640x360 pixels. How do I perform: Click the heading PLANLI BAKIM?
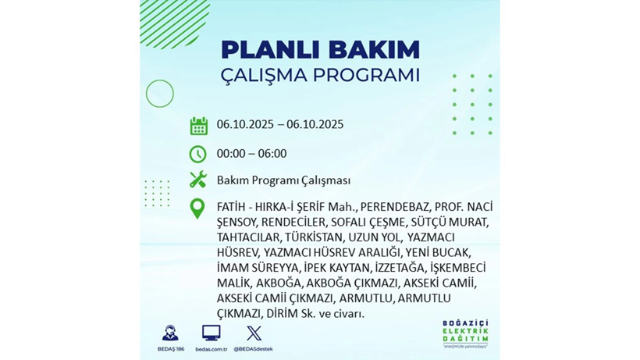(x=320, y=49)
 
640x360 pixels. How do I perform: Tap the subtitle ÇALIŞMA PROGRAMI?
(x=320, y=76)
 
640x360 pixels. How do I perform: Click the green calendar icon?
(x=198, y=126)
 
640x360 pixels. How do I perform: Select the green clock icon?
(x=198, y=154)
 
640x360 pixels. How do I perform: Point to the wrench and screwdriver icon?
(x=198, y=180)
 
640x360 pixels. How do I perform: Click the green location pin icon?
(x=198, y=208)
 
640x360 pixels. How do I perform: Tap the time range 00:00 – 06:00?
(x=251, y=154)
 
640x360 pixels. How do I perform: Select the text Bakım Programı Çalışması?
(x=283, y=180)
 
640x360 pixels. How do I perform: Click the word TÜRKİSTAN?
(x=314, y=237)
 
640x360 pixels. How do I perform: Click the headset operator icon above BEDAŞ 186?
(x=169, y=333)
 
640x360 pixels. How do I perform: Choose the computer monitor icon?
(x=211, y=333)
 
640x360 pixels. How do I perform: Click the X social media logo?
(x=254, y=333)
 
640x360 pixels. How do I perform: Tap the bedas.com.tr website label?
(x=211, y=349)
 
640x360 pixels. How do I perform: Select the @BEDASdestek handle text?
(x=254, y=349)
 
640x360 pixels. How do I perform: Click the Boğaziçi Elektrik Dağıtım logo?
(x=465, y=333)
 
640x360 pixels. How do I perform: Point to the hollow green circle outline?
(x=160, y=94)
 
